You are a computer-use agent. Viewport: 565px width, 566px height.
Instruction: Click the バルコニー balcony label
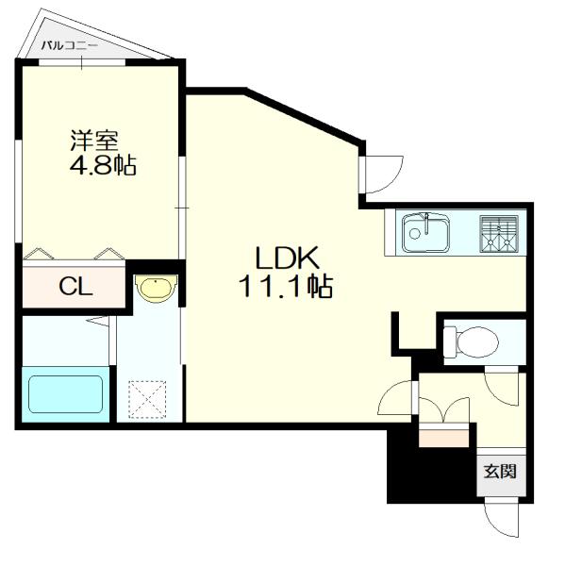[70, 46]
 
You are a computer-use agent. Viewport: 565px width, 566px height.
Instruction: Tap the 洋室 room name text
[94, 141]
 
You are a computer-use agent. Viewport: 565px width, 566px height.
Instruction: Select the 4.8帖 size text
[103, 165]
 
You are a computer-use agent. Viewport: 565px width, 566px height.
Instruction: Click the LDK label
[287, 258]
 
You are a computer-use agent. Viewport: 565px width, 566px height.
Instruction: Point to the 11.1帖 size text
[285, 286]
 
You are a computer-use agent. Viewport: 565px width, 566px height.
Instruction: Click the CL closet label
[75, 287]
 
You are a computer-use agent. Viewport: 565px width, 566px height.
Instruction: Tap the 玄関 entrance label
[500, 471]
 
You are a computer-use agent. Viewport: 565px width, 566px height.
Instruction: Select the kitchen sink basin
[426, 233]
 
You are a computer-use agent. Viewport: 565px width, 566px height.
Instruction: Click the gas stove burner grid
[499, 234]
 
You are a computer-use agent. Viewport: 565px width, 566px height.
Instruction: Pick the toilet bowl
[476, 341]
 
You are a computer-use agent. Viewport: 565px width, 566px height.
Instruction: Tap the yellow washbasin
[156, 289]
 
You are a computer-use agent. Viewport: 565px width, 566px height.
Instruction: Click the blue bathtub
[65, 394]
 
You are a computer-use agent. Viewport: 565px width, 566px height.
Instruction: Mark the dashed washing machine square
[147, 400]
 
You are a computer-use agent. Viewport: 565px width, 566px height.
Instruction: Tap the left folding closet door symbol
[39, 254]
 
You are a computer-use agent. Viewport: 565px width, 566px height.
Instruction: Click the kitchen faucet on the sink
[426, 224]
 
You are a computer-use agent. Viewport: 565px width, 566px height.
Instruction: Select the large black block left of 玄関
[431, 466]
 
